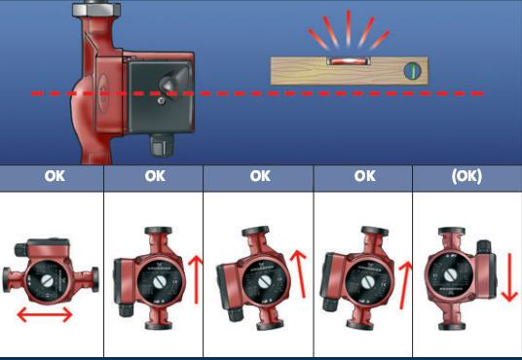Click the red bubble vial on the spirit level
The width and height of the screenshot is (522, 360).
point(349,61)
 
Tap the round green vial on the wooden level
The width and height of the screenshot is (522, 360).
point(412,71)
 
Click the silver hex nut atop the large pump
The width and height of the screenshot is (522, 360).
point(96,10)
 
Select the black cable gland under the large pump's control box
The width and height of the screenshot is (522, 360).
point(162,145)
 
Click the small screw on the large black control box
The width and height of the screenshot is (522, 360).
point(161,101)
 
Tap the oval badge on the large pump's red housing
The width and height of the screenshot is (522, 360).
point(103,92)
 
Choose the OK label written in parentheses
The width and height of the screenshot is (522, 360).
point(466,176)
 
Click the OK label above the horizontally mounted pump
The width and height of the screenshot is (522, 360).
point(55,176)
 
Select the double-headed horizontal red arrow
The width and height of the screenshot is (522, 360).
point(45,314)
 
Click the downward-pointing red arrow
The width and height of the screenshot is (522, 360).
point(509,277)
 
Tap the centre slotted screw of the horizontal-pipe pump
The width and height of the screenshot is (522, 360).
point(47,281)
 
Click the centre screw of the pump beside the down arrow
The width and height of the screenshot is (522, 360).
point(450,275)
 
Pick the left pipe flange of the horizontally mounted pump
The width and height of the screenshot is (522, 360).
point(7,280)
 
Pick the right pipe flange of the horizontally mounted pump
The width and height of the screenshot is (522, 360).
point(95,279)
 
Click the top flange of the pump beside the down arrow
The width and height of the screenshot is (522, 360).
point(452,231)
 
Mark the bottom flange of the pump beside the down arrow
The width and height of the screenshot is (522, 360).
point(452,326)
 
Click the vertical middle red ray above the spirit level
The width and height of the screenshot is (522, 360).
point(349,28)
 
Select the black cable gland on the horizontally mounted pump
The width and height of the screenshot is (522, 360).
point(20,249)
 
